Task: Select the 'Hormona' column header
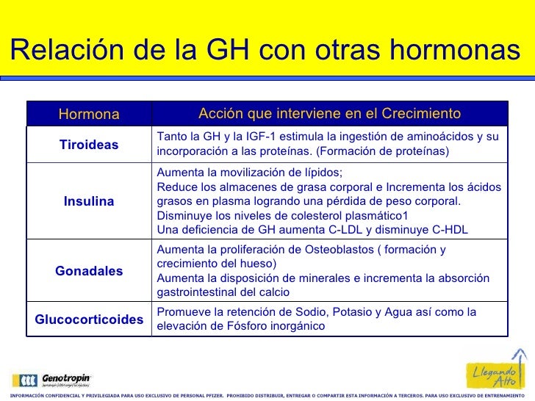(89, 115)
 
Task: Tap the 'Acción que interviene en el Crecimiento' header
(329, 114)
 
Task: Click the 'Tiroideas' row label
(89, 145)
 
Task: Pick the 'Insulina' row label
(89, 201)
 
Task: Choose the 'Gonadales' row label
(89, 271)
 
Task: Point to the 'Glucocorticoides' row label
(89, 319)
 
